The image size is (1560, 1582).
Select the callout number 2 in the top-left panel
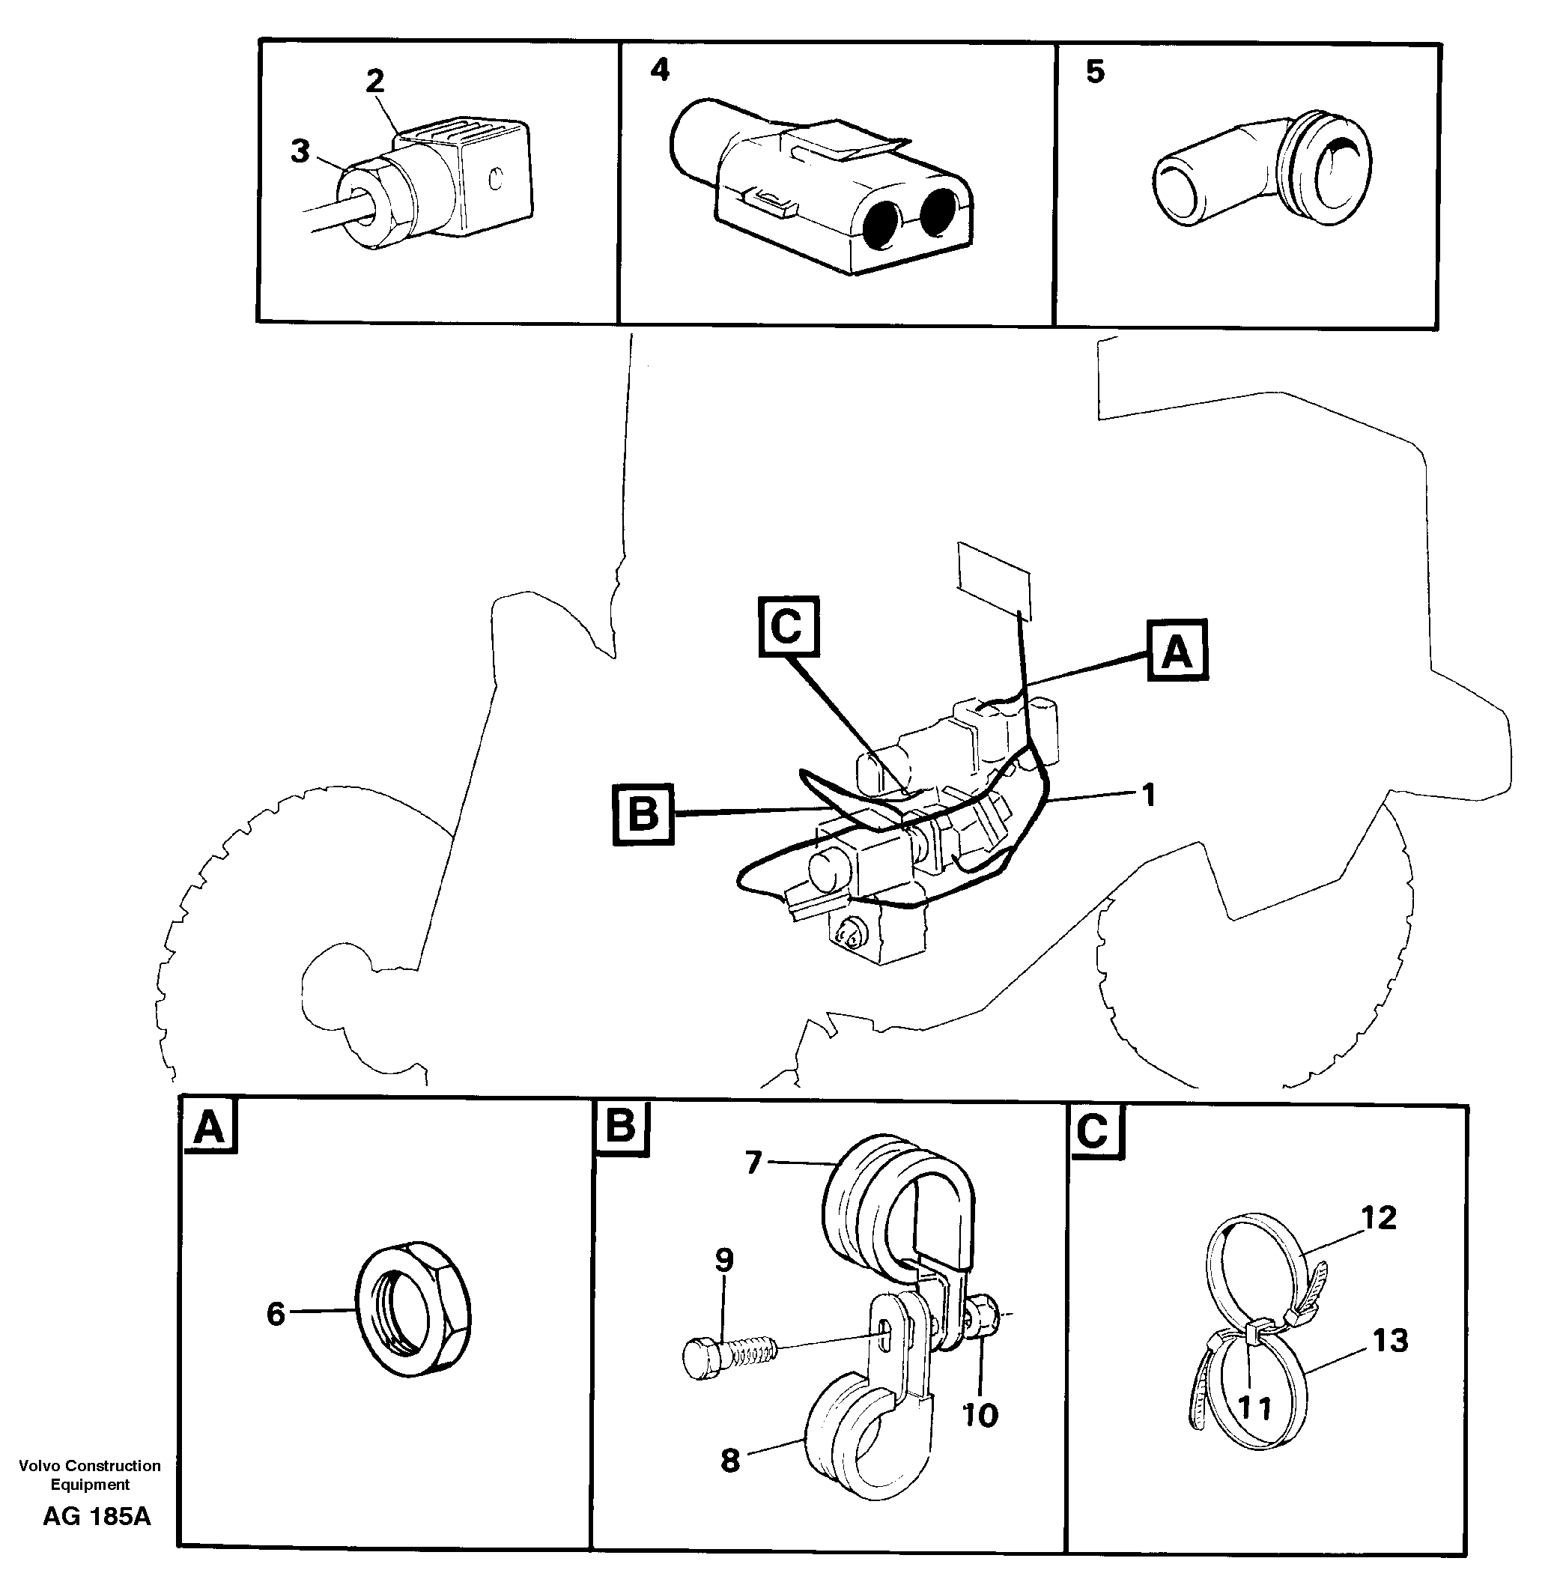pos(374,80)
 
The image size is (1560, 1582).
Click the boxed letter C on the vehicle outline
pos(787,627)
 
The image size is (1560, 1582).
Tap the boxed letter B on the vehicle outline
pos(643,814)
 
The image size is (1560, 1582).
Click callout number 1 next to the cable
pos(1148,793)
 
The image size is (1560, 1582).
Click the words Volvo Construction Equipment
pos(89,1474)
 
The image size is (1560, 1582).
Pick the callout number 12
pos(1378,1218)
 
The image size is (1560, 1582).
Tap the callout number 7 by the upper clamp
pos(753,1161)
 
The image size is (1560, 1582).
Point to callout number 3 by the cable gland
pos(300,151)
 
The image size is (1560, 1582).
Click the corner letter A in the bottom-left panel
pos(209,1127)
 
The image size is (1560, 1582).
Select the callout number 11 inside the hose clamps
pos(1254,1407)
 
